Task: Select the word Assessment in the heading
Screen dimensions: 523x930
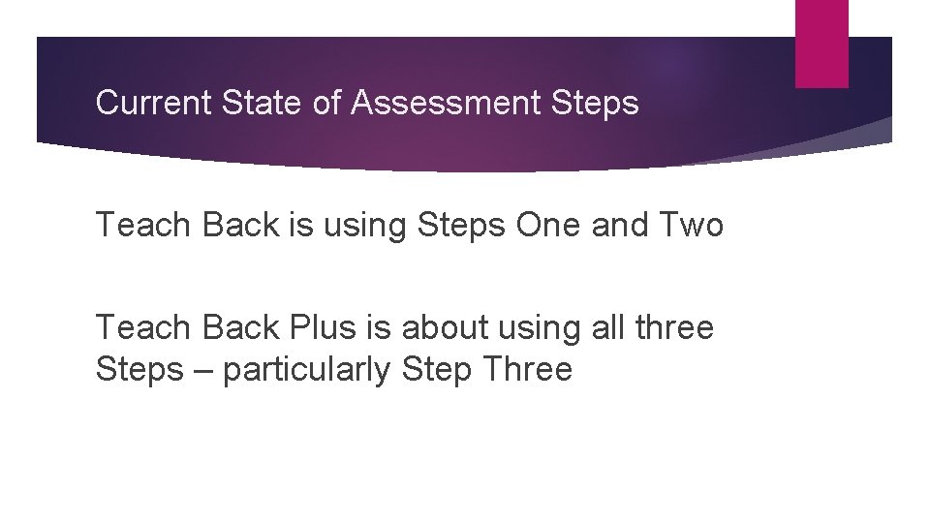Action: pyautogui.click(x=433, y=103)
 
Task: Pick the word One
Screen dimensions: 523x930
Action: pyautogui.click(x=572, y=226)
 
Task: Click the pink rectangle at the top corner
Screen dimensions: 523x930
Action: pyautogui.click(x=821, y=44)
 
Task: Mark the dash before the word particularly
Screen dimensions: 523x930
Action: pyautogui.click(x=202, y=370)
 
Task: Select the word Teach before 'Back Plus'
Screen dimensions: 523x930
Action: pyautogui.click(x=143, y=327)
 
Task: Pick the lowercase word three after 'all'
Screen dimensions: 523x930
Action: pyautogui.click(x=674, y=327)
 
